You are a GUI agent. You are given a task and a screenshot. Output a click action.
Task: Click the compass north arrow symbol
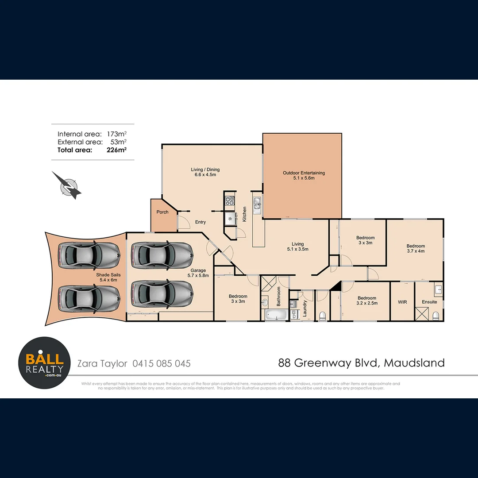click(67, 185)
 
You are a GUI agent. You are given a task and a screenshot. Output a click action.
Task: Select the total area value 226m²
click(117, 150)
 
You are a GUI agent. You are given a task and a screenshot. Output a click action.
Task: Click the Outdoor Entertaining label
click(304, 173)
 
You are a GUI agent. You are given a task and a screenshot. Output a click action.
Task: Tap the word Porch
click(162, 212)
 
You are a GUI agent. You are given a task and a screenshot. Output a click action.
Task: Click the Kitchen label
click(244, 215)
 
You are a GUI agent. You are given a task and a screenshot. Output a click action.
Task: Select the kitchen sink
click(257, 204)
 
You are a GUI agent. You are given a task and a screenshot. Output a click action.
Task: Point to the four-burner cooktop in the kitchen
click(230, 202)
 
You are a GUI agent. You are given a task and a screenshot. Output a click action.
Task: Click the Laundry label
click(305, 308)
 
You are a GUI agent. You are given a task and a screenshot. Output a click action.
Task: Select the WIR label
click(402, 302)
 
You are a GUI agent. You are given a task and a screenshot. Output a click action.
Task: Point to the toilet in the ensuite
click(436, 316)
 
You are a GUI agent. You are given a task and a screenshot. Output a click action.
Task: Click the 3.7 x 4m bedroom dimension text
click(416, 251)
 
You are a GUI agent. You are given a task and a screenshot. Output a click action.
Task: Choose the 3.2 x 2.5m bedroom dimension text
click(367, 304)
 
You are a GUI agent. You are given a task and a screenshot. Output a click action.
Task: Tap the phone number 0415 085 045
click(162, 363)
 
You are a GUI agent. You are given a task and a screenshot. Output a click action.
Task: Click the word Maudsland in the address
click(414, 363)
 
